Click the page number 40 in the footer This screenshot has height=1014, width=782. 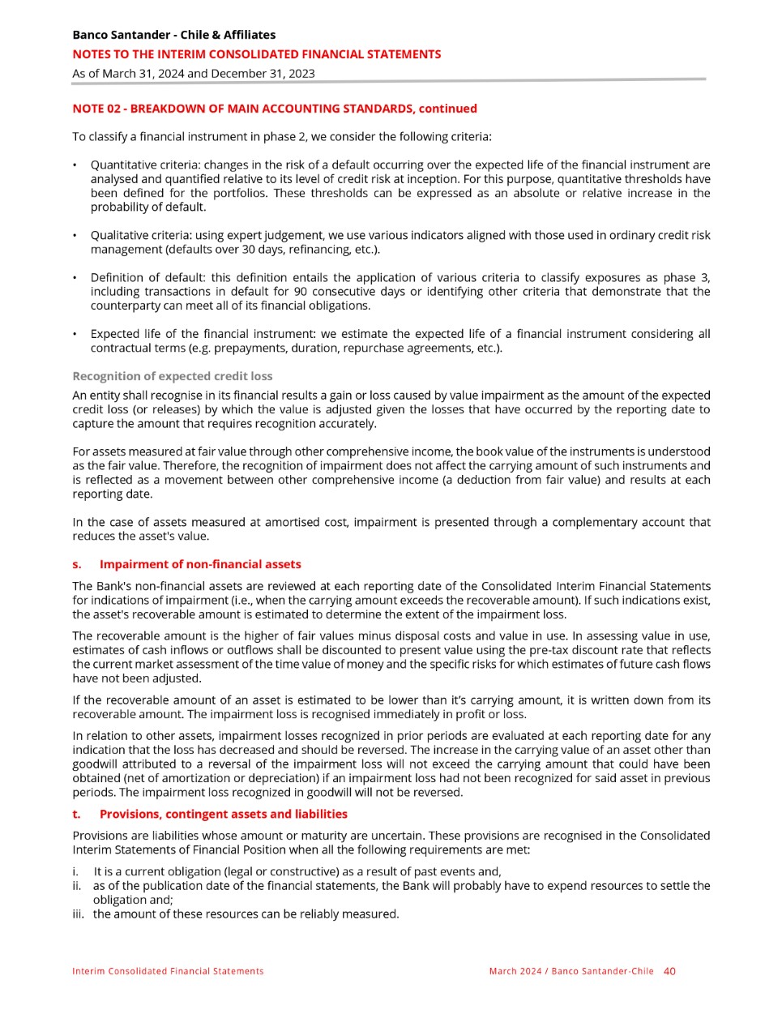669,971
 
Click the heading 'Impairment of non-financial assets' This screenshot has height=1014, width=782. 200,564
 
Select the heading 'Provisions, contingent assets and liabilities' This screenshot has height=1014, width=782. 223,814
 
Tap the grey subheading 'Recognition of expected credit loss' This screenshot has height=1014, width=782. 172,376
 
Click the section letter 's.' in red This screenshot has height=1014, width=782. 77,564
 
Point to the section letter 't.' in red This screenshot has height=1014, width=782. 76,814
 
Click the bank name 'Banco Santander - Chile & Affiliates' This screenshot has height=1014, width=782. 173,35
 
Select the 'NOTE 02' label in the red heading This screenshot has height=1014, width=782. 96,109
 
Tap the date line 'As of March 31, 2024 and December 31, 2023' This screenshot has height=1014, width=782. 193,73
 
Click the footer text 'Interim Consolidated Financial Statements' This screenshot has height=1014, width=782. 168,971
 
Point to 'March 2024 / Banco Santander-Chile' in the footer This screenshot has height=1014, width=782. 571,971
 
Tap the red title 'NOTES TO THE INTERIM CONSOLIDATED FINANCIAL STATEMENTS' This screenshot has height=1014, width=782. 257,54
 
